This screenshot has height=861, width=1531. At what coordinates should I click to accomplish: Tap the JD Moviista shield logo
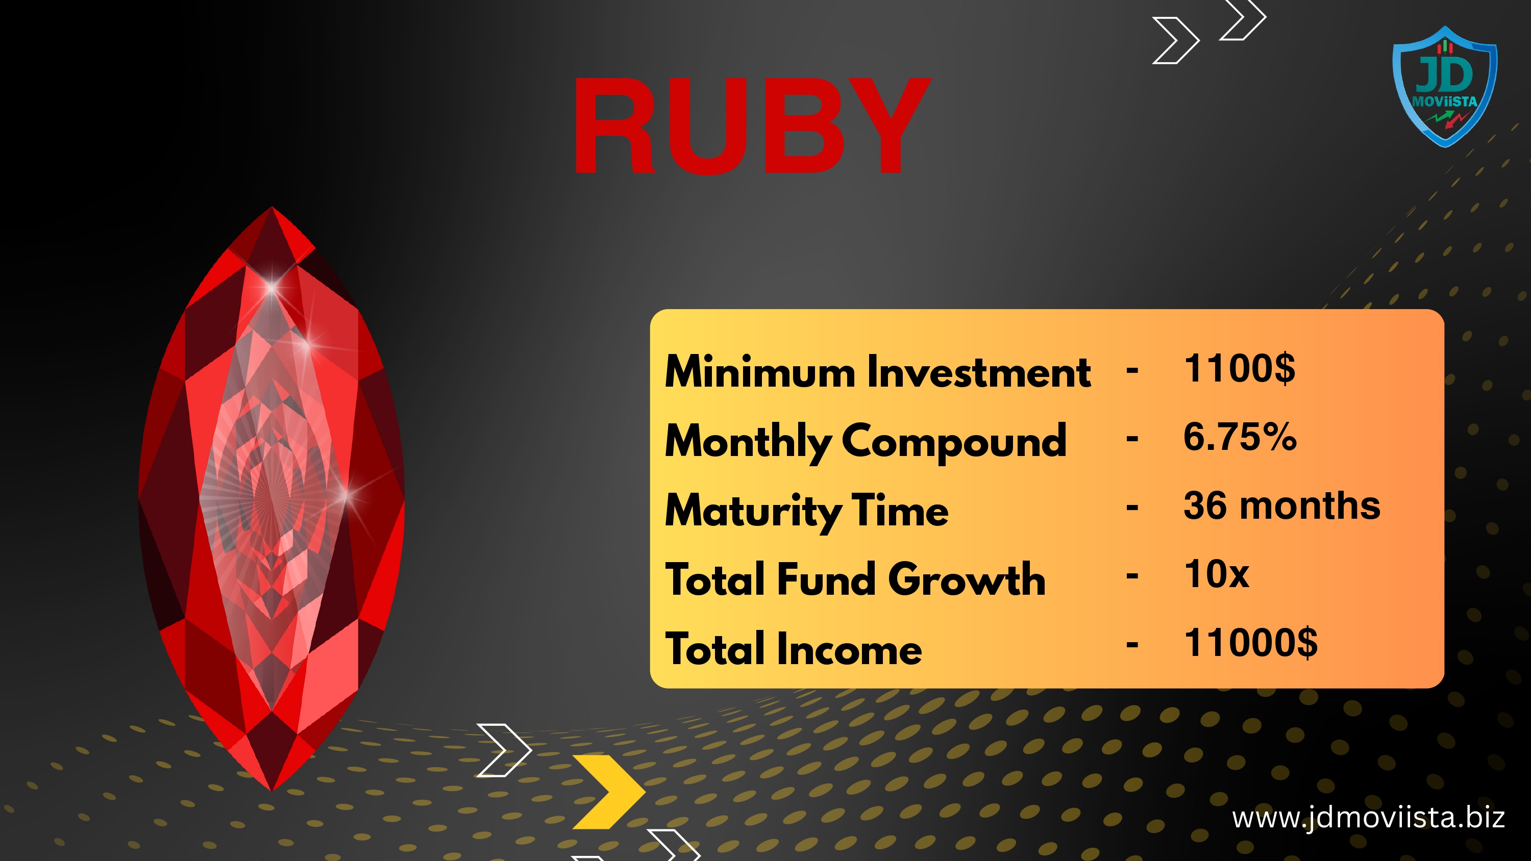coord(1445,87)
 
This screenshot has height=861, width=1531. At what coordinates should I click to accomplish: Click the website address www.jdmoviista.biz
coord(1368,818)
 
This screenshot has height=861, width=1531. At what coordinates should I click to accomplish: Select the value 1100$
coord(1239,368)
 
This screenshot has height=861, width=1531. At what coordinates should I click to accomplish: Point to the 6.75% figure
coord(1240,437)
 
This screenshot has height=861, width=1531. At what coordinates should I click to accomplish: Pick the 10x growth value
coord(1217,574)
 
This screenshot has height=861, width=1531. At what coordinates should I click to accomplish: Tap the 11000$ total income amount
coord(1250,643)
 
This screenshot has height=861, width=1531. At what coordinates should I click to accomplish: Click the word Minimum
coord(760,371)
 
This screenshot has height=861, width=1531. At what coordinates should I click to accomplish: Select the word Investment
coord(979,371)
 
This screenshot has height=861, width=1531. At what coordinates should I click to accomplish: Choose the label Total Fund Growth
coord(855,579)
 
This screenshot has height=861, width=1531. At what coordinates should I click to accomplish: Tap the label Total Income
coord(794,648)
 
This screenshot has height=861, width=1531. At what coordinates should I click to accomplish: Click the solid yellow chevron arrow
coord(609,792)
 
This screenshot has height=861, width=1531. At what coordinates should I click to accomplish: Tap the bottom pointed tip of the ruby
coord(272,790)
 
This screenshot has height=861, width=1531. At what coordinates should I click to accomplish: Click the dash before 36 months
coord(1132,508)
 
